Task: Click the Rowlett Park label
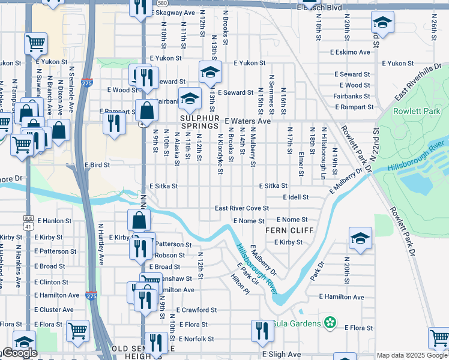416,111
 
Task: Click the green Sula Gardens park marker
329,323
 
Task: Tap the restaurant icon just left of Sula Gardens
262,331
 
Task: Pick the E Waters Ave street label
248,121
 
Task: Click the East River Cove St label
242,208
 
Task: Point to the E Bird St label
97,164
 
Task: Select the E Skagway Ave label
172,13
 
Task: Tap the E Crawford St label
196,310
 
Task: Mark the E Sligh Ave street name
282,355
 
